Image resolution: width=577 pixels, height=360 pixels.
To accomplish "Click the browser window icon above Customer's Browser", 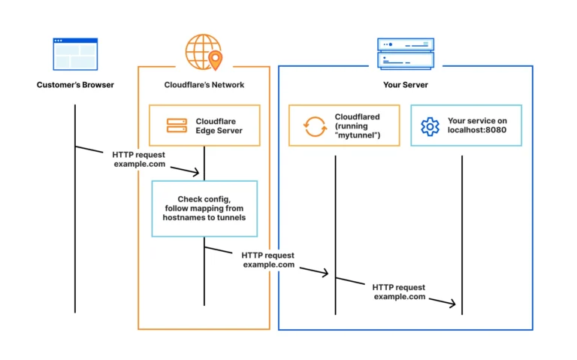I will pyautogui.click(x=75, y=54).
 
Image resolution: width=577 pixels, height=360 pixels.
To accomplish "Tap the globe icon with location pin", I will pyautogui.click(x=204, y=51).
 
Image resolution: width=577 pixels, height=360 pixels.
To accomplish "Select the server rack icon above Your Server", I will pyautogui.click(x=405, y=54).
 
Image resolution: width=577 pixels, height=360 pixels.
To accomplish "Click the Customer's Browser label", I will pyautogui.click(x=75, y=85).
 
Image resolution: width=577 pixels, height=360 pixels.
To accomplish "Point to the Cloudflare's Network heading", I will pyautogui.click(x=204, y=85).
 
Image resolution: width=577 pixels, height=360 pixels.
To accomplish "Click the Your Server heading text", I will pyautogui.click(x=406, y=85).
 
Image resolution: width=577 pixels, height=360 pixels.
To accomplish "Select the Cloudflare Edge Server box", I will pyautogui.click(x=204, y=126).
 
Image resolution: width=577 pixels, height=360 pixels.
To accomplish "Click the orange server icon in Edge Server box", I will pyautogui.click(x=177, y=126).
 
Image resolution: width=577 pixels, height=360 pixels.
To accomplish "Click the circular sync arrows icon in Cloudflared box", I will pyautogui.click(x=314, y=126).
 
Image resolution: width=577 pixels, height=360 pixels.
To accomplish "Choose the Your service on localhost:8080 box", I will pyautogui.click(x=466, y=126).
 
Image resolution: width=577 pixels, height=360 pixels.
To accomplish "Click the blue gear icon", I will pyautogui.click(x=430, y=126).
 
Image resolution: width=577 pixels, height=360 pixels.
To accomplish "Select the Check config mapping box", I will pyautogui.click(x=204, y=208).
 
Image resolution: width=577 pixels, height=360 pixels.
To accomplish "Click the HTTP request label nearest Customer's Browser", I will pyautogui.click(x=139, y=159).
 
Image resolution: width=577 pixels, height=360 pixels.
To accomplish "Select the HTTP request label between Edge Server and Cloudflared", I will pyautogui.click(x=268, y=260).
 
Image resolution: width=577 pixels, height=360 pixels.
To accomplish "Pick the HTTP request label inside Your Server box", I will pyautogui.click(x=399, y=292).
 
